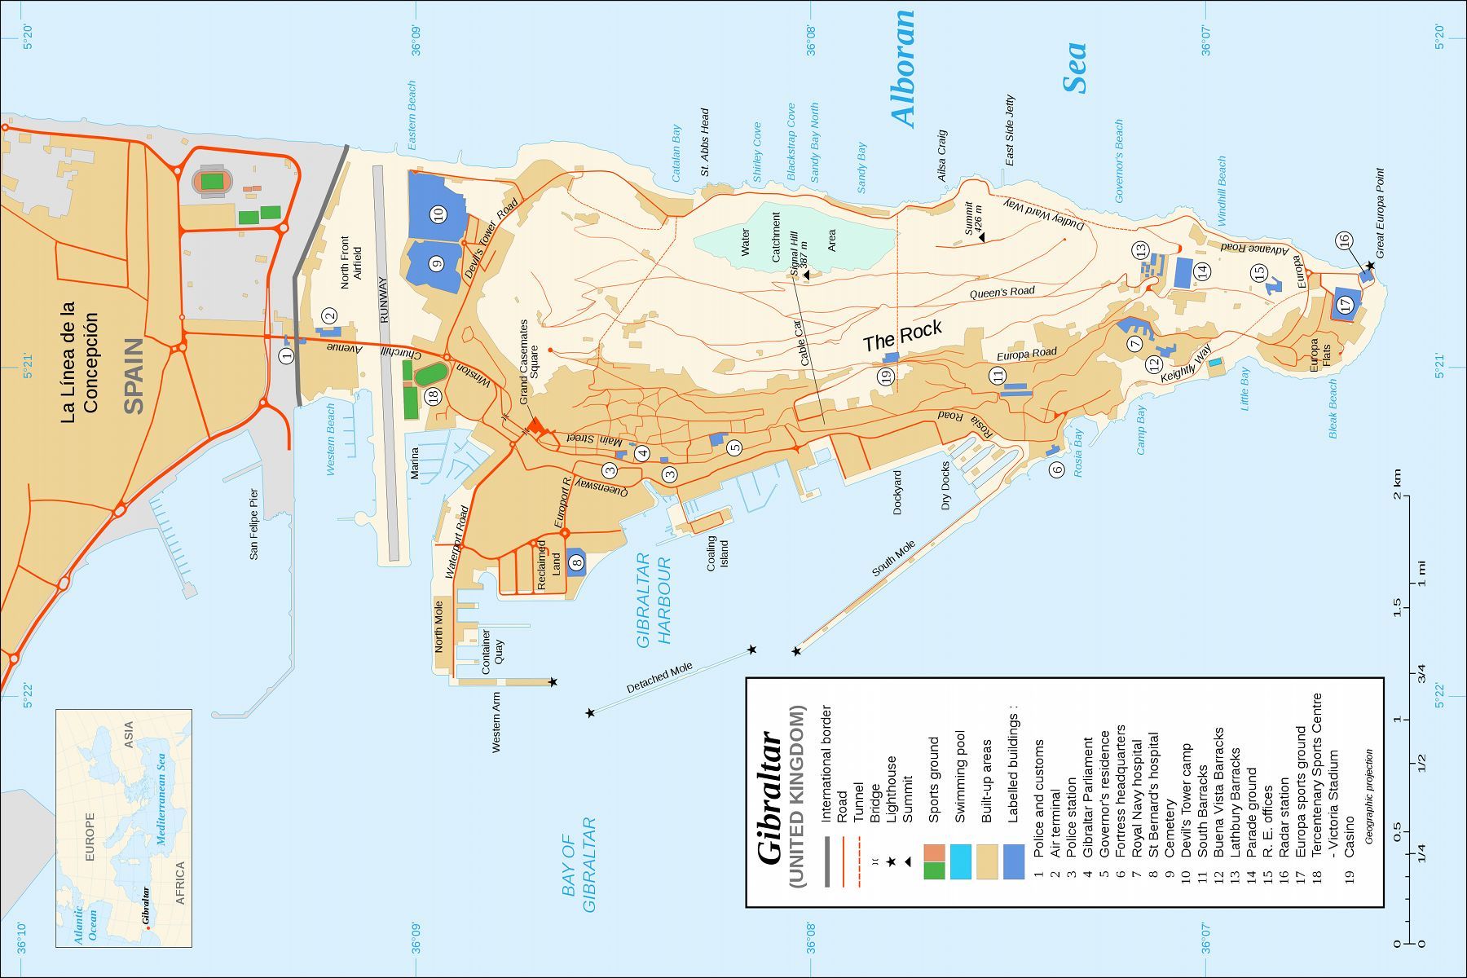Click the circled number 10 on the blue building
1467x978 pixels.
pos(438,215)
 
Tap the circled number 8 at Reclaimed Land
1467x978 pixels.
pos(577,562)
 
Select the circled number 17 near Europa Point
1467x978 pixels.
pos(1346,304)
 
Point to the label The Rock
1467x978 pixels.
pos(902,336)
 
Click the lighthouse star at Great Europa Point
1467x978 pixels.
pos(1371,266)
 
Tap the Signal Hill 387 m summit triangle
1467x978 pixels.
pos(806,275)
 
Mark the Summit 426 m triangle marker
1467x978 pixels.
pos(981,236)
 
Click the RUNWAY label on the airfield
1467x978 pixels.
pos(384,300)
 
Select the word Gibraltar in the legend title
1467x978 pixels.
pos(770,798)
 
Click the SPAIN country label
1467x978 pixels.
pos(133,376)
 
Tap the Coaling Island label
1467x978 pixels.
pos(717,553)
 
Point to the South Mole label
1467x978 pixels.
pos(894,559)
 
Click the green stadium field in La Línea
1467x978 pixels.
pos(213,180)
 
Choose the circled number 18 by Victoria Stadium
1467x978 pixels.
pos(433,396)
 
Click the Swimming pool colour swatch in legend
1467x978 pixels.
pos(961,862)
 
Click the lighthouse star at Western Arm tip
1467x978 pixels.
pos(553,681)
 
